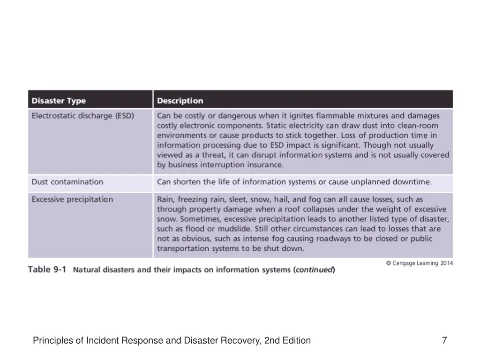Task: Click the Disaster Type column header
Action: click(x=59, y=101)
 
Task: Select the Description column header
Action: click(x=180, y=101)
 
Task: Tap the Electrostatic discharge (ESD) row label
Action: click(x=82, y=115)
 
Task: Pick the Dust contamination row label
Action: click(x=67, y=182)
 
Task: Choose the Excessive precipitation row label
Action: click(x=72, y=200)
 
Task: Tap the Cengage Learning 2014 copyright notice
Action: click(x=419, y=263)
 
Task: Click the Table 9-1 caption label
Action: click(x=47, y=270)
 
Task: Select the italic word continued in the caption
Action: click(x=314, y=270)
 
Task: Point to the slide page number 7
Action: click(x=444, y=341)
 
